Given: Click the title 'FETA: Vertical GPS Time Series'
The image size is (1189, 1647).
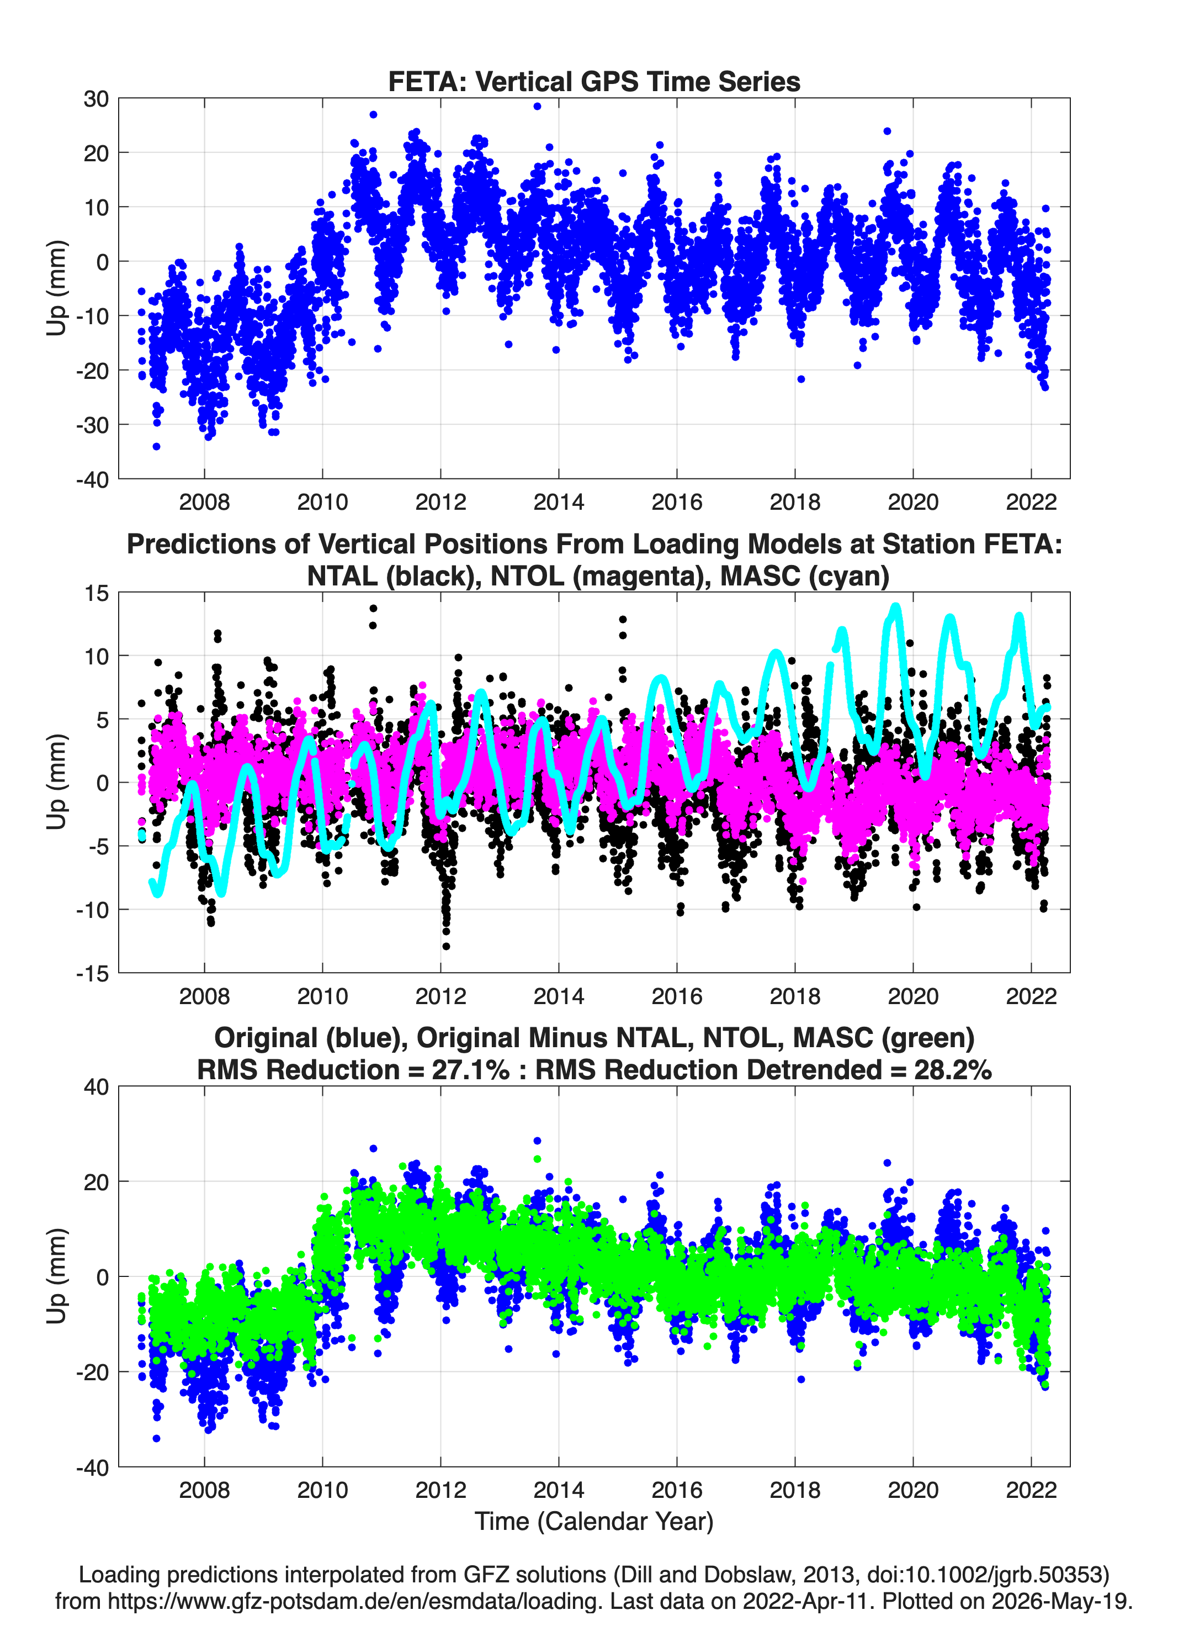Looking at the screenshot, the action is coord(594,81).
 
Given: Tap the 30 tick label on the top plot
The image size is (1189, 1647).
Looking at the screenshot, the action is coord(96,99).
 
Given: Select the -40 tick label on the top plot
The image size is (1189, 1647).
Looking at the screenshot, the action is coord(92,479).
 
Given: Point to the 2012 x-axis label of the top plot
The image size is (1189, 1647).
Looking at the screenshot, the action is coord(440,502).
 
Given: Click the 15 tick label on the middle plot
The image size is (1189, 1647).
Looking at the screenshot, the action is coord(96,593).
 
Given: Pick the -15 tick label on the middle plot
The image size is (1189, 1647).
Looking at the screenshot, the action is coord(92,973).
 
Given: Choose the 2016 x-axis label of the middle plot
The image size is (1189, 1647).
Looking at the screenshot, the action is coord(677,996).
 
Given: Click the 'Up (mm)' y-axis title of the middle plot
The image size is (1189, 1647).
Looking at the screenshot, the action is coord(57,782).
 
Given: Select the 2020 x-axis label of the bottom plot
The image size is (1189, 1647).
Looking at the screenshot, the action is coord(913,1490).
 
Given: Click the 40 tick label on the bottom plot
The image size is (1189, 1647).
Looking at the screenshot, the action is coord(96,1087).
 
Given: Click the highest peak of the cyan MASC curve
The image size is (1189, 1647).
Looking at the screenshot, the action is coord(896,606).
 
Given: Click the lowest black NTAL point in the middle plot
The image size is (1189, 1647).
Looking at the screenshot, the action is coord(445,946).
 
